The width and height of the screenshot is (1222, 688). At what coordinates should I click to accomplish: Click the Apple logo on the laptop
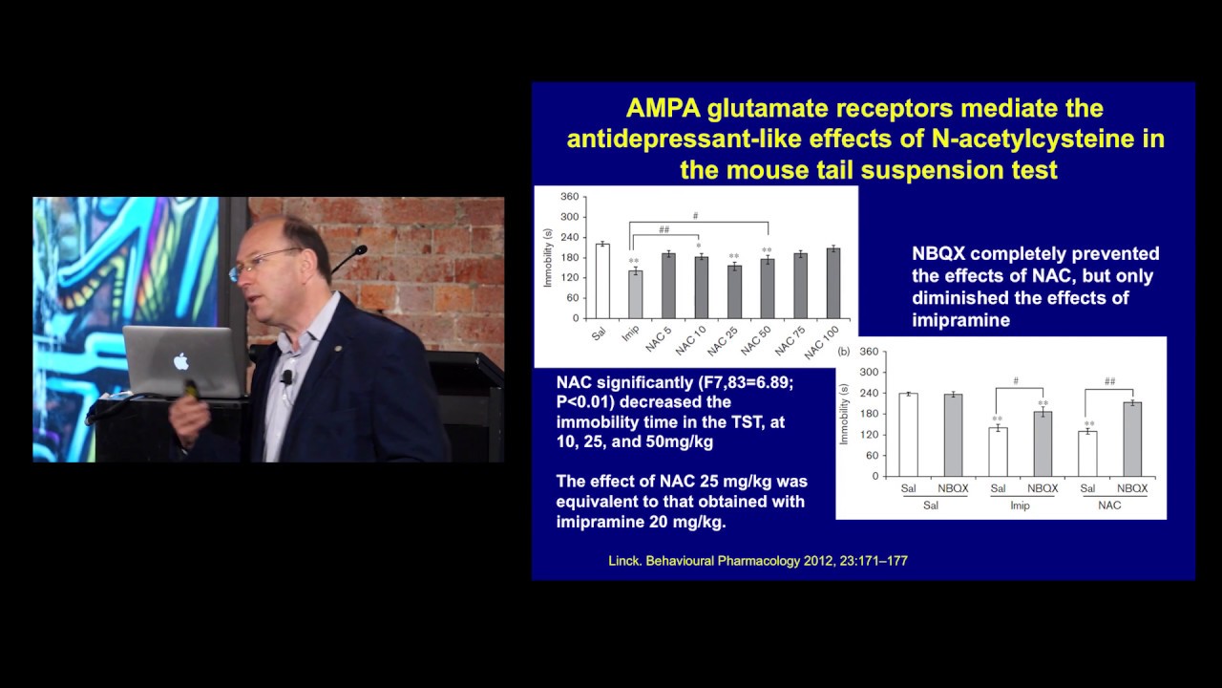[x=181, y=361]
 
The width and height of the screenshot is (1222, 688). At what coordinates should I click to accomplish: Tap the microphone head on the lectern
[x=360, y=250]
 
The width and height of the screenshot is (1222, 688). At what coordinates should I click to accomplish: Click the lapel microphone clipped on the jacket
[x=286, y=376]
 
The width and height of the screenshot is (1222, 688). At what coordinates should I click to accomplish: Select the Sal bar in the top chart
[x=602, y=281]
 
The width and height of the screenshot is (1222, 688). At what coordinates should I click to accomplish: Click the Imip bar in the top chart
[x=636, y=294]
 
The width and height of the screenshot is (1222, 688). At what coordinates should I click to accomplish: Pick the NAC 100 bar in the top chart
[x=833, y=284]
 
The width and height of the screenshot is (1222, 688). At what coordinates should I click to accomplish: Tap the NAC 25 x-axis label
[x=723, y=342]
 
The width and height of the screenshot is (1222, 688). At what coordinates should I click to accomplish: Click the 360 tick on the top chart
[x=570, y=197]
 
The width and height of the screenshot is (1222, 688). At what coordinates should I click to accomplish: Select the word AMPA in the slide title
[x=663, y=108]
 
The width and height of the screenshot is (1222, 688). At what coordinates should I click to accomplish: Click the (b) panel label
[x=844, y=353]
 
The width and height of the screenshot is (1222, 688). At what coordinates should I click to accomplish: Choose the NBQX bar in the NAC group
[x=1132, y=439]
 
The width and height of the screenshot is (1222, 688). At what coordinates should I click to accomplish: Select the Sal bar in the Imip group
[x=998, y=452]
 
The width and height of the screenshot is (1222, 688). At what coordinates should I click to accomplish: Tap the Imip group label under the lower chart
[x=1020, y=505]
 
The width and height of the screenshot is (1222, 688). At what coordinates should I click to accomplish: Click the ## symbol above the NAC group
[x=1109, y=381]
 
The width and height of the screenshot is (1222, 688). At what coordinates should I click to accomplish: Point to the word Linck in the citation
[x=624, y=561]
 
